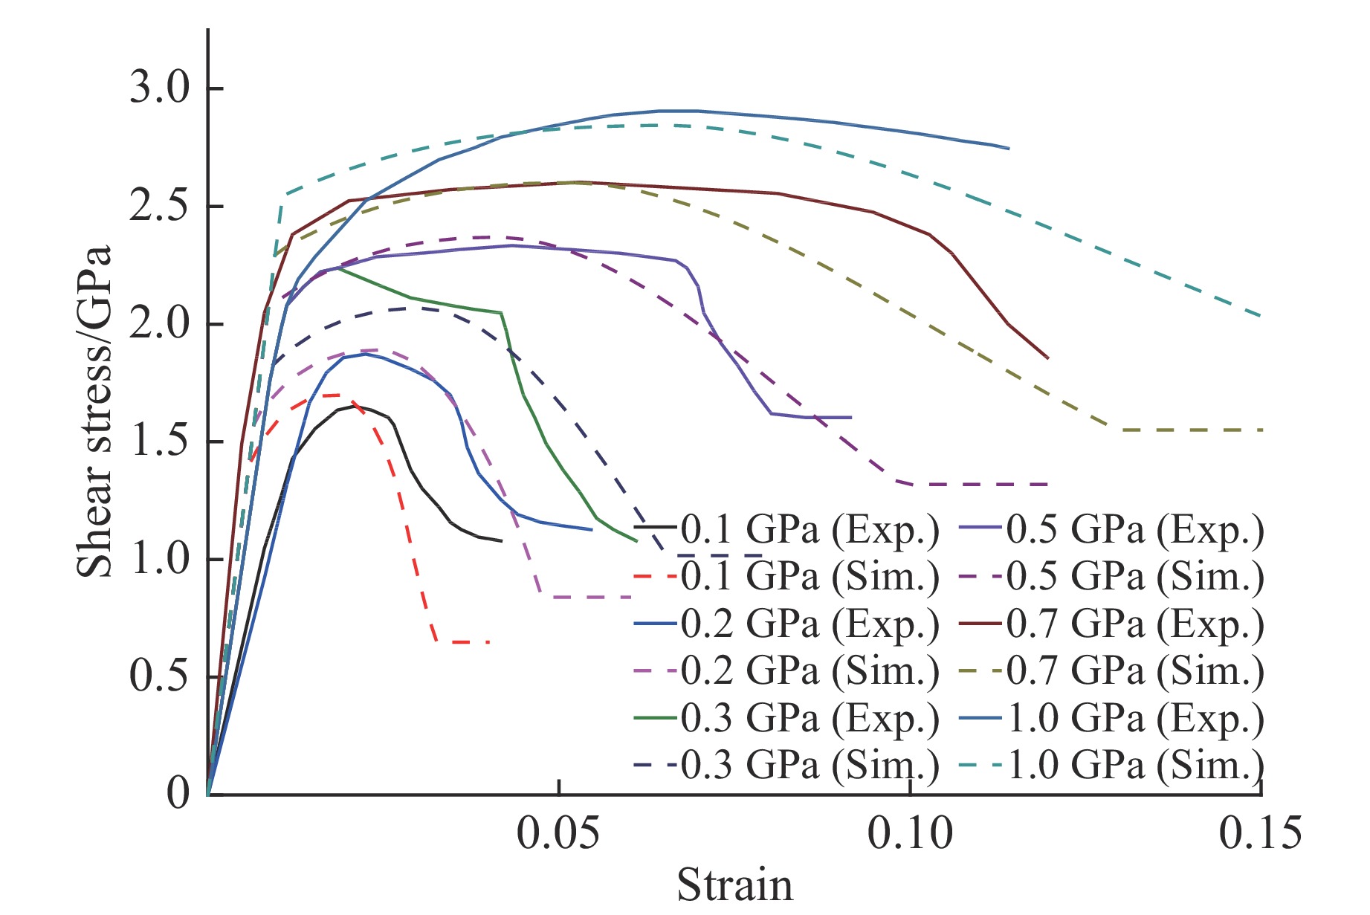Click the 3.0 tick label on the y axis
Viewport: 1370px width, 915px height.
160,88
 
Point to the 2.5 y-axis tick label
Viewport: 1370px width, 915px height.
160,206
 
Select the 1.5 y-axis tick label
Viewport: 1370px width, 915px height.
160,442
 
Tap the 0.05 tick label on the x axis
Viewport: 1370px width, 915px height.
558,833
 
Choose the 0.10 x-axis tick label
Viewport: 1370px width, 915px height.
910,833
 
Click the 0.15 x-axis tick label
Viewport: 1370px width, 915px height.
1261,833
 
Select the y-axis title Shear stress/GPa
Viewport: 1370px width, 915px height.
94,411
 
